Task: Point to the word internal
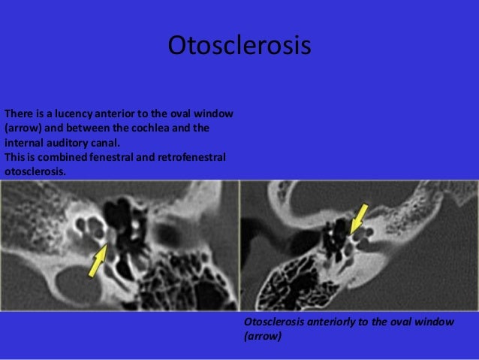(x=23, y=143)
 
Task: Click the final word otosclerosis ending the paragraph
(x=35, y=171)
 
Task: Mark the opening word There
(x=18, y=114)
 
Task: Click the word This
(x=14, y=157)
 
